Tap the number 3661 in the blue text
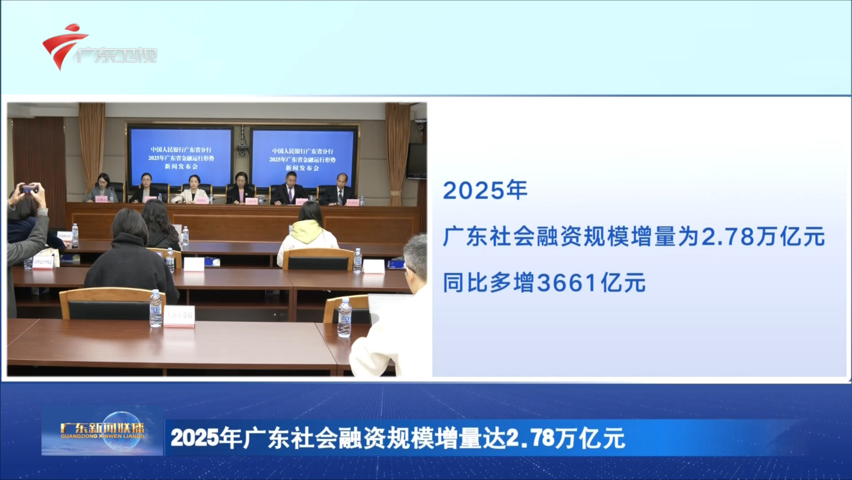pyautogui.click(x=567, y=283)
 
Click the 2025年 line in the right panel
pyautogui.click(x=485, y=190)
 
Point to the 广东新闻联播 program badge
pyautogui.click(x=103, y=431)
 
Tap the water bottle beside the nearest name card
pyautogui.click(x=156, y=308)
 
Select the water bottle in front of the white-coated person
pyautogui.click(x=345, y=317)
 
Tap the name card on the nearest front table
pyautogui.click(x=179, y=316)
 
